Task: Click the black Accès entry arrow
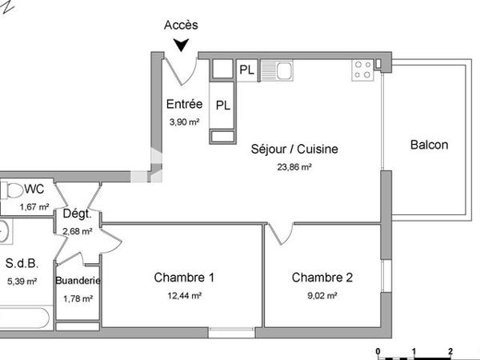tap(183, 46)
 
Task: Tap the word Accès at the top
tap(181, 26)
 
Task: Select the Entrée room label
tap(183, 104)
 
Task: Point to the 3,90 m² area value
tap(183, 122)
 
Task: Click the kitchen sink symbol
tap(284, 70)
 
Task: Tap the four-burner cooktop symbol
tap(362, 70)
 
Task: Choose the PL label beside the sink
tap(247, 70)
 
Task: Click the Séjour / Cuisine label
tap(294, 149)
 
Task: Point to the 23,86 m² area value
tap(294, 167)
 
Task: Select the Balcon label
tap(429, 145)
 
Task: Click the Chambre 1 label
tap(184, 278)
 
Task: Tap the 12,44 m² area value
tap(184, 295)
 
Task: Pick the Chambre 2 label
tap(322, 278)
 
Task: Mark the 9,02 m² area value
tap(322, 295)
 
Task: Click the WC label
tap(34, 190)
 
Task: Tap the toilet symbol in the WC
tap(11, 191)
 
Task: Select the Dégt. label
tap(78, 214)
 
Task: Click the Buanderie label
tap(78, 281)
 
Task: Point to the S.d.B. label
tap(22, 263)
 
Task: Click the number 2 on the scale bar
tap(450, 351)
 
